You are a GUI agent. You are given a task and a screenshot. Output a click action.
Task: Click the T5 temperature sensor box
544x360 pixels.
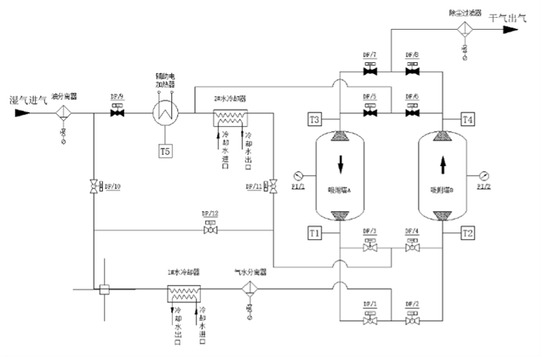click(x=165, y=151)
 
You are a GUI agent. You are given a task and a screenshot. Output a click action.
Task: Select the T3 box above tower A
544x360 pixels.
click(x=314, y=118)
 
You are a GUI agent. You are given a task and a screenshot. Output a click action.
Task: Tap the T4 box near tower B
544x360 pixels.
click(x=467, y=118)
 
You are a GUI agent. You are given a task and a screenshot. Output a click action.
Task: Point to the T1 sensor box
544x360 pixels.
click(x=314, y=231)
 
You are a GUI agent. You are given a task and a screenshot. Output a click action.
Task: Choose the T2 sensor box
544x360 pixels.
click(x=467, y=231)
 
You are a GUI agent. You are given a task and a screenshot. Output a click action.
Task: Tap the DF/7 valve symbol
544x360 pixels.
click(x=369, y=71)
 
